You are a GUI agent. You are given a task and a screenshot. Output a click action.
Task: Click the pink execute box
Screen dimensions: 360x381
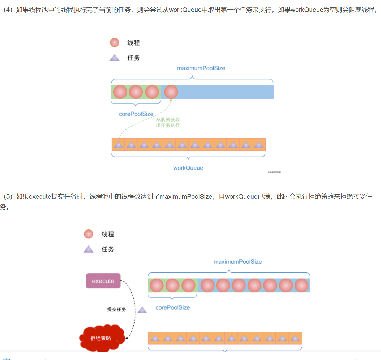pyautogui.click(x=103, y=281)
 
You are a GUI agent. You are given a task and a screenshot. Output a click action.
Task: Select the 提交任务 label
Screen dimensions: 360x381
pyautogui.click(x=116, y=309)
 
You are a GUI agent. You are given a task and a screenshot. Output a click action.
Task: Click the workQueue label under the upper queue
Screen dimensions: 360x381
pyautogui.click(x=188, y=168)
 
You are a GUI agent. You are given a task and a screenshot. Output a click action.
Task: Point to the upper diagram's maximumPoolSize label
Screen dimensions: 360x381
pyautogui.click(x=201, y=68)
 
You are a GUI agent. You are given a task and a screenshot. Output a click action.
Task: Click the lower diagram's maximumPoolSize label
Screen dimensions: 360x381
pyautogui.click(x=237, y=262)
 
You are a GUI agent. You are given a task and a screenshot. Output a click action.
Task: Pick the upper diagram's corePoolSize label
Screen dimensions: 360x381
pyautogui.click(x=136, y=114)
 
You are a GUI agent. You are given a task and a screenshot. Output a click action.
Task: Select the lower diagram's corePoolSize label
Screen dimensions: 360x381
pyautogui.click(x=172, y=307)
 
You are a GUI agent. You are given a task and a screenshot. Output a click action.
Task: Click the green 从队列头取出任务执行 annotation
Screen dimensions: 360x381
pyautogui.click(x=168, y=122)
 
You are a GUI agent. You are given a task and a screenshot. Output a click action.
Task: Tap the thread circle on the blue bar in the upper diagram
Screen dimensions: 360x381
pyautogui.click(x=171, y=92)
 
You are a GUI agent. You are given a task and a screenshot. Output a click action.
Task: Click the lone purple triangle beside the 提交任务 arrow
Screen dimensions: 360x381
pyautogui.click(x=142, y=310)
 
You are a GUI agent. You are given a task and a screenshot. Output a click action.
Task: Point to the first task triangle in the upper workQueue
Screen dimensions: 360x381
pyautogui.click(x=119, y=145)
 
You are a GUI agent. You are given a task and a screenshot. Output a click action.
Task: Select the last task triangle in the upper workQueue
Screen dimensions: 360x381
pyautogui.click(x=258, y=145)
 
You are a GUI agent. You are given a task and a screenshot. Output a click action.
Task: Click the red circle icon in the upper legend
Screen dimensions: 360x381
pyautogui.click(x=115, y=42)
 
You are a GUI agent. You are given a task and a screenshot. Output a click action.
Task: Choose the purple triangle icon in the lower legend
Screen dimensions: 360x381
pyautogui.click(x=89, y=249)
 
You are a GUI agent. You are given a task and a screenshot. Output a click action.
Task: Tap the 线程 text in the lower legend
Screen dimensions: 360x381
pyautogui.click(x=108, y=234)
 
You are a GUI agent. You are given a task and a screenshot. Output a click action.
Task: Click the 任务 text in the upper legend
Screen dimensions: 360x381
pyautogui.click(x=133, y=58)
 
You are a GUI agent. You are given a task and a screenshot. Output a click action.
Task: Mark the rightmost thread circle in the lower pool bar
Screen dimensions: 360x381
pyautogui.click(x=302, y=285)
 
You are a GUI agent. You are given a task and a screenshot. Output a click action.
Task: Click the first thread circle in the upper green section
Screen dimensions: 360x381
pyautogui.click(x=120, y=92)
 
